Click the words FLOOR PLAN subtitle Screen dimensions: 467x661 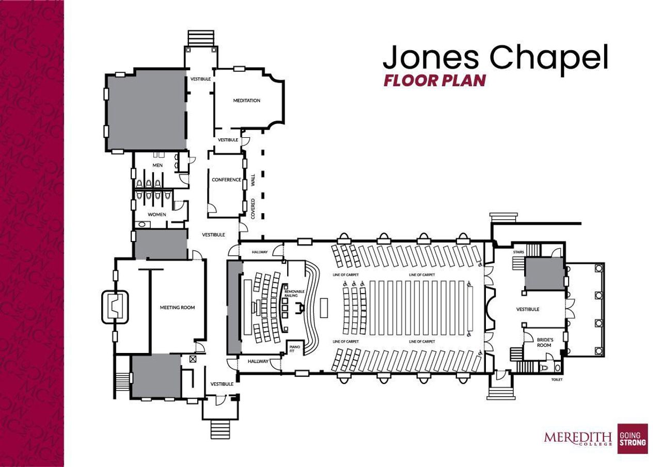[x=434, y=81]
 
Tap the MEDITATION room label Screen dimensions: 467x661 [x=246, y=101]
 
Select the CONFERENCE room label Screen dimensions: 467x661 [x=226, y=180]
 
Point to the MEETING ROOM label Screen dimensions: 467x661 [x=177, y=308]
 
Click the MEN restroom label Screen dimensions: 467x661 [x=158, y=165]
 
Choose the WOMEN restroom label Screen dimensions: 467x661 [x=157, y=214]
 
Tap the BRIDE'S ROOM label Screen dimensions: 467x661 [x=545, y=343]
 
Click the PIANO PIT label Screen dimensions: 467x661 [x=294, y=349]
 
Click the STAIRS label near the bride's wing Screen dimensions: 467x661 [x=519, y=252]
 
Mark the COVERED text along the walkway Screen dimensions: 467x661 [x=253, y=209]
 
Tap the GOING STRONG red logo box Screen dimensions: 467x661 [x=633, y=438]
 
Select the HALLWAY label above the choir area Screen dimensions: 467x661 [x=260, y=252]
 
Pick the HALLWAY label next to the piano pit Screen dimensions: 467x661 [x=258, y=361]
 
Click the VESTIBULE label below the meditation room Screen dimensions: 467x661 [x=228, y=140]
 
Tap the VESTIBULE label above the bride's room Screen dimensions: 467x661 [x=527, y=309]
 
